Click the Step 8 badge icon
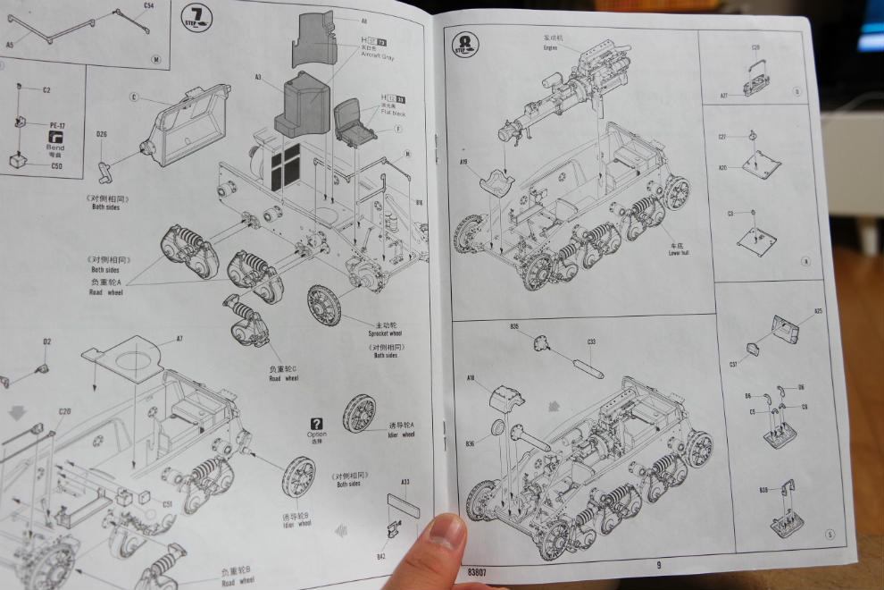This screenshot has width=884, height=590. [x=465, y=44]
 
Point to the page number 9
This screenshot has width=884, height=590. [x=659, y=564]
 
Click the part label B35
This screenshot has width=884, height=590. [x=515, y=326]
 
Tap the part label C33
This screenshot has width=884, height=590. [x=591, y=341]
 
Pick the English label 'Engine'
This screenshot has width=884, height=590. [x=550, y=48]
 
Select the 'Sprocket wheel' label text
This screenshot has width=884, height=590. [x=384, y=333]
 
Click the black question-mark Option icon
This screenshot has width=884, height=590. [x=316, y=424]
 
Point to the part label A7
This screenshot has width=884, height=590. [x=179, y=339]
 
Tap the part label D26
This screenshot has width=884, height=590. [x=102, y=135]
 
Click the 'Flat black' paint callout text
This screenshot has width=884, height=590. [x=392, y=114]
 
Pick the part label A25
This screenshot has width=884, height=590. [x=818, y=311]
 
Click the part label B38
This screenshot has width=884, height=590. [x=763, y=490]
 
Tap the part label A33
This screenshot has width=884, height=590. [x=404, y=482]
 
